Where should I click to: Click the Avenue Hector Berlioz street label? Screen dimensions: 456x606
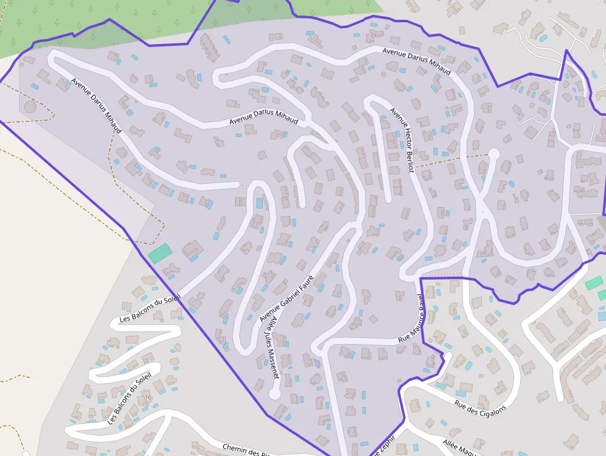coord(401,140)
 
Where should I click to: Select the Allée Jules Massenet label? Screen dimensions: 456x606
coord(271,348)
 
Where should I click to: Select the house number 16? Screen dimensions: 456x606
coord(148,397)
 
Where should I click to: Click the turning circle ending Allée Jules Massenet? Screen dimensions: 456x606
coord(275,394)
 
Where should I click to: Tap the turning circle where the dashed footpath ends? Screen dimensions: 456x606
coord(493,154)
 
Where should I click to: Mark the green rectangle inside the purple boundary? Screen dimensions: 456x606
coord(160,253)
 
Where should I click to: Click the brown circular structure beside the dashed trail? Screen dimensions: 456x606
coord(30,106)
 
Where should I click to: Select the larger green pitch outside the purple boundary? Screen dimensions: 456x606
coord(594,283)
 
